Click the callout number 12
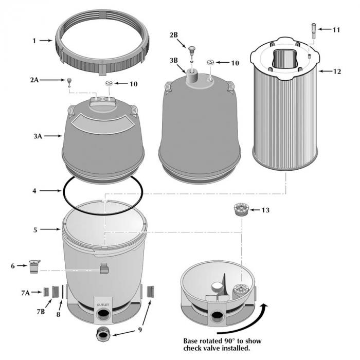[x=337, y=71]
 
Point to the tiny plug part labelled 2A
[x=67, y=81]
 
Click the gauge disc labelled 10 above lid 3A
[x=109, y=83]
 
